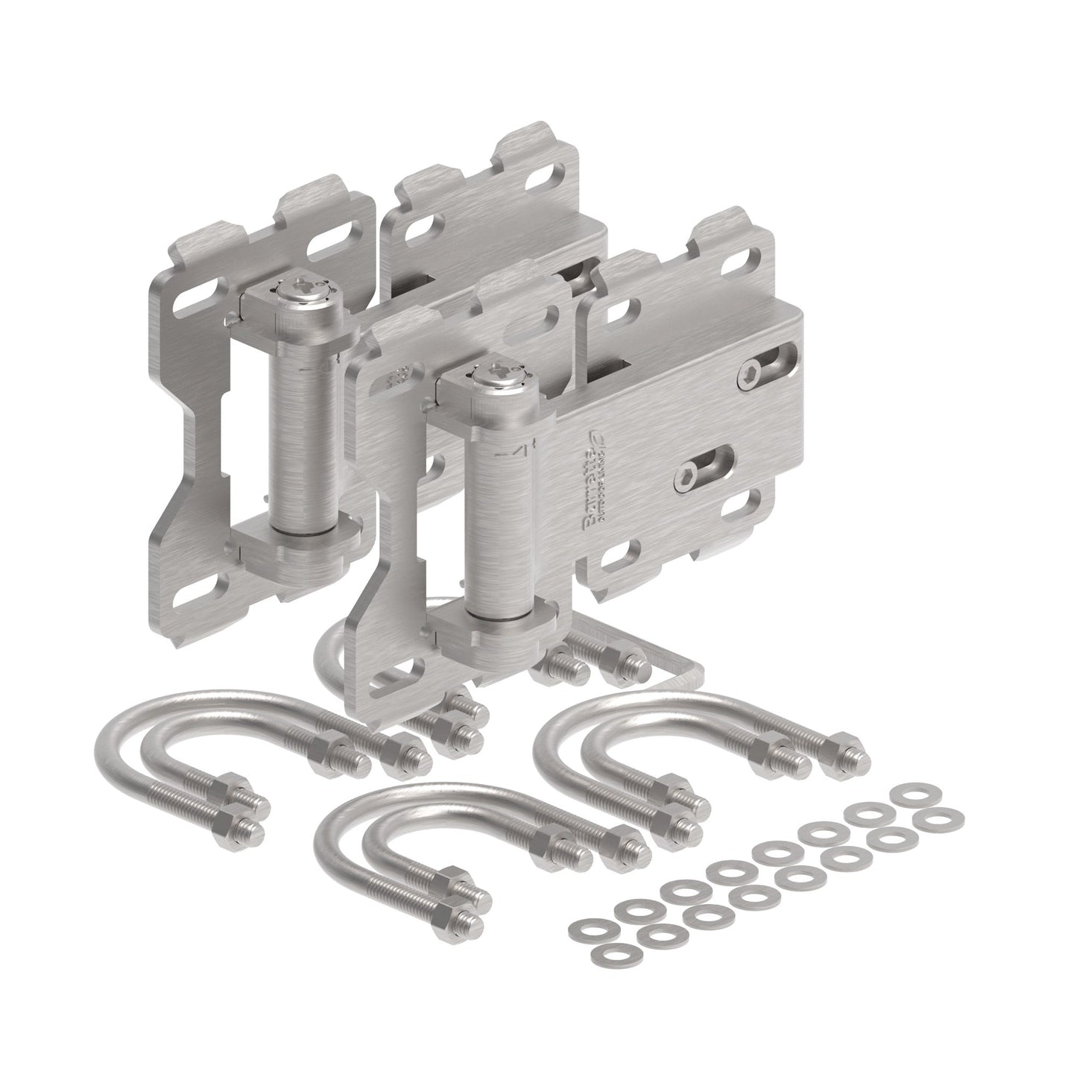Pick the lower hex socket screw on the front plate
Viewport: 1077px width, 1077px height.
pos(686,479)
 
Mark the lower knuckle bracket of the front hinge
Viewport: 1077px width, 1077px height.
pos(496,625)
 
